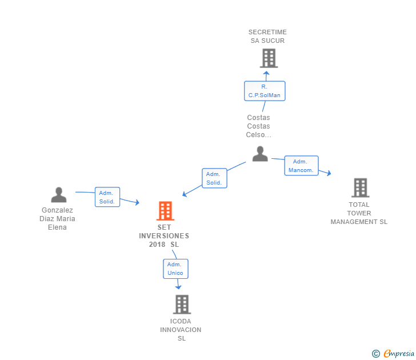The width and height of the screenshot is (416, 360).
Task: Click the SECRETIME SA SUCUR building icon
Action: tap(269, 58)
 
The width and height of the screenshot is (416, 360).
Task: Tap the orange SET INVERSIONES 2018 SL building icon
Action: tap(165, 211)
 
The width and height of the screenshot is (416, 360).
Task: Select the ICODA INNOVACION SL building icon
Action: tap(182, 304)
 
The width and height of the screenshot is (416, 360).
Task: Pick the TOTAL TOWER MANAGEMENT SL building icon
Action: tap(360, 187)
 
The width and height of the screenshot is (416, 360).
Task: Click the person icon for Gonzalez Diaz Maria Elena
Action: tap(58, 195)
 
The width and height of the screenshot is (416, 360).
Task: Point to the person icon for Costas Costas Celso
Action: tap(260, 153)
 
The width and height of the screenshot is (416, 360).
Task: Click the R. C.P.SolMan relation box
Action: tap(264, 91)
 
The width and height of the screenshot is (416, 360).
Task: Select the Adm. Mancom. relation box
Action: tap(301, 166)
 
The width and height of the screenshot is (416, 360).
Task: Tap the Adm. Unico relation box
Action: tap(175, 269)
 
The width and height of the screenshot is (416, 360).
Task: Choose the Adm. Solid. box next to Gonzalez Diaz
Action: tap(107, 197)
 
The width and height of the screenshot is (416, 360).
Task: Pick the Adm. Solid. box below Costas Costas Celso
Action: tap(214, 178)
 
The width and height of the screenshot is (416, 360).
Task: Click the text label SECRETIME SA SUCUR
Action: tap(267, 37)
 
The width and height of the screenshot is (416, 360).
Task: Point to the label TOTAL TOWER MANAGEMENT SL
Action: tap(359, 213)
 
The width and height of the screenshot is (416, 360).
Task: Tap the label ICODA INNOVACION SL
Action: tap(181, 330)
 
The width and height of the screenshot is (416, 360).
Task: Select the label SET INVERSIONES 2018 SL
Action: tap(164, 236)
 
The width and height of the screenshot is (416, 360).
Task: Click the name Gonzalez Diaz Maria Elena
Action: tap(57, 218)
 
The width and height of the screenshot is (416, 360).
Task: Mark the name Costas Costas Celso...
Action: tap(258, 126)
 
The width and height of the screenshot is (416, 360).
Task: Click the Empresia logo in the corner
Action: tap(399, 353)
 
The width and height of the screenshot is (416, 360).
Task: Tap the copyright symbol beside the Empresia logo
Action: tap(376, 354)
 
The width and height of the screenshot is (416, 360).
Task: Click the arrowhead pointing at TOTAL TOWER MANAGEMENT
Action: tap(329, 173)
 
